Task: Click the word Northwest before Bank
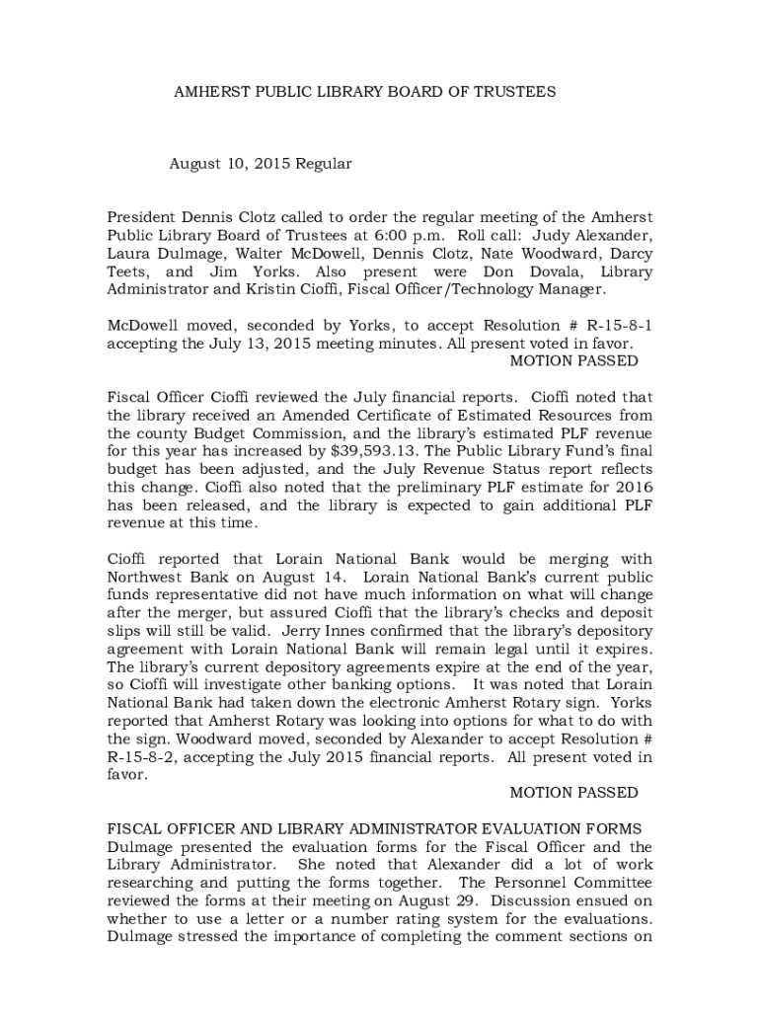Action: point(149,576)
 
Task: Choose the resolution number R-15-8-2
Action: point(144,757)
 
